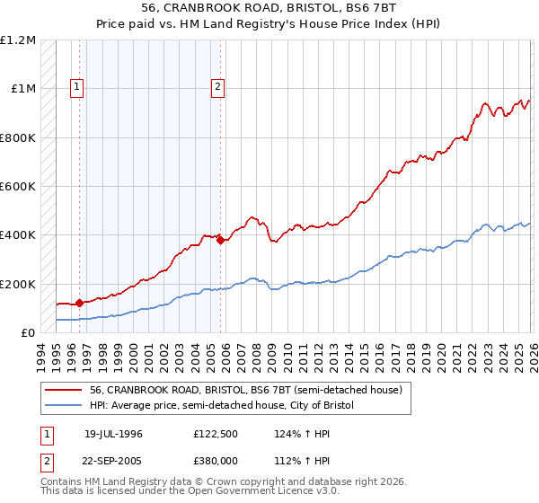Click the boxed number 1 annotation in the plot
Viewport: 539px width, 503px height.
point(77,87)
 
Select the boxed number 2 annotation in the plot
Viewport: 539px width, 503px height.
point(217,87)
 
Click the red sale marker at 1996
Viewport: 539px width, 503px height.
point(79,303)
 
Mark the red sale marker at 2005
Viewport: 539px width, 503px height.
point(220,240)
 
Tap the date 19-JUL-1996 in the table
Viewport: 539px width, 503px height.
point(113,434)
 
